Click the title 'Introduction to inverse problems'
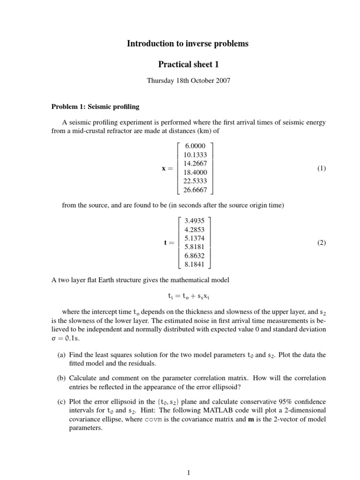click(x=187, y=44)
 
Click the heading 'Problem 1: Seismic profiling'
click(x=95, y=107)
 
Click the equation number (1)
click(x=321, y=168)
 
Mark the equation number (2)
click(x=321, y=242)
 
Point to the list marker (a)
click(x=61, y=355)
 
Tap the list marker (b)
click(x=61, y=377)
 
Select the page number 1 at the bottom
click(x=188, y=473)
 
